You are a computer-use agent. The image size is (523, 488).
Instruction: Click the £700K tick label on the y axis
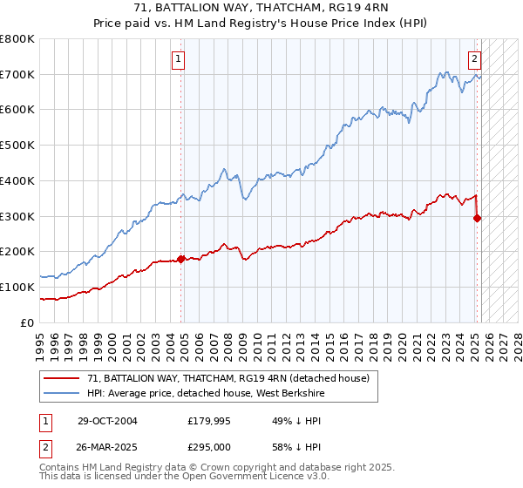coord(17,75)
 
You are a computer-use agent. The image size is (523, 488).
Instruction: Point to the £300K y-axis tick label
coord(17,216)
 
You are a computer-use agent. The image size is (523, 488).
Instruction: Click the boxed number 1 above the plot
coord(178,59)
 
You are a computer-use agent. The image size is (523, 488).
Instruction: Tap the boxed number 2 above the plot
coord(474,59)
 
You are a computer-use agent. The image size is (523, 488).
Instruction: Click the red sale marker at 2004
coord(181,259)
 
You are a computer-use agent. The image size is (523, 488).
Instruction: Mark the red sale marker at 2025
coord(477,219)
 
